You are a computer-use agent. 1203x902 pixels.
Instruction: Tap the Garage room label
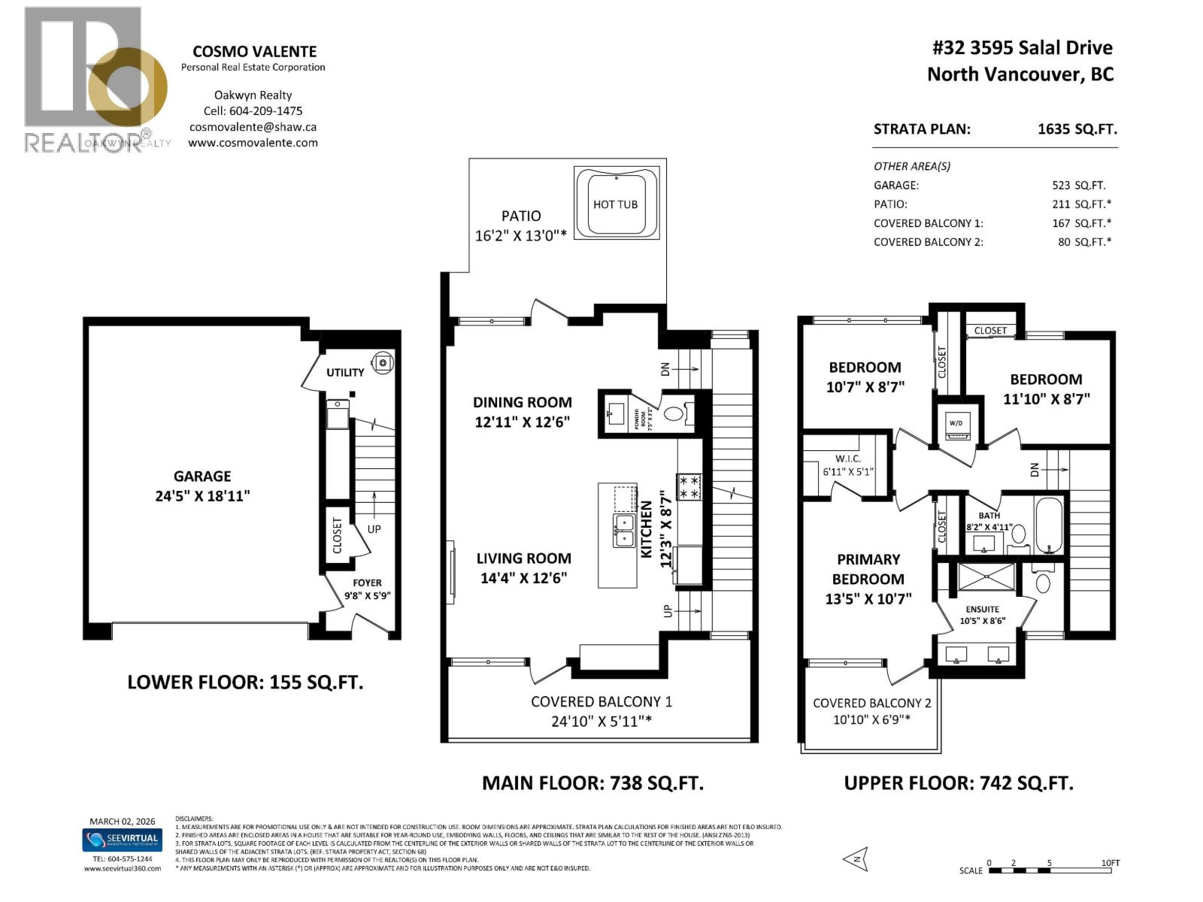[202, 476]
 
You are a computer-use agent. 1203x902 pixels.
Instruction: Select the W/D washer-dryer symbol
[956, 425]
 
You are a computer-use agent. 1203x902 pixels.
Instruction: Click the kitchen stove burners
[689, 486]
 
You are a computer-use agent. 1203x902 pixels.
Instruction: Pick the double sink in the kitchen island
[624, 531]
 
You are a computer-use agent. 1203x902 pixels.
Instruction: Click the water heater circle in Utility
[383, 363]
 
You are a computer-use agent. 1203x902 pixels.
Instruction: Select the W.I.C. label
[847, 459]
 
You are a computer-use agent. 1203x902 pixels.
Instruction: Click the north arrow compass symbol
[856, 857]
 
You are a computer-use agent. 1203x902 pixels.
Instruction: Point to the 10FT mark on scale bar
[1110, 863]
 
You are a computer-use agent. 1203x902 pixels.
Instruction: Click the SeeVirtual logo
[121, 839]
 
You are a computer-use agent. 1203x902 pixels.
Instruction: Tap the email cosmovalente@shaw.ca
[253, 127]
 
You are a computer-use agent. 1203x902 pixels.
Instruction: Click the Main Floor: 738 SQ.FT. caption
[592, 783]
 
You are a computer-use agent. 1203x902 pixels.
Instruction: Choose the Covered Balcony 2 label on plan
[871, 703]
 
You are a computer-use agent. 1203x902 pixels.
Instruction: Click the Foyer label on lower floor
[367, 583]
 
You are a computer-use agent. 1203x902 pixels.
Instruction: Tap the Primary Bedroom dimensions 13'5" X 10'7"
[868, 598]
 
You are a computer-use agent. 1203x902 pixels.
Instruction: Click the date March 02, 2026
[120, 821]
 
